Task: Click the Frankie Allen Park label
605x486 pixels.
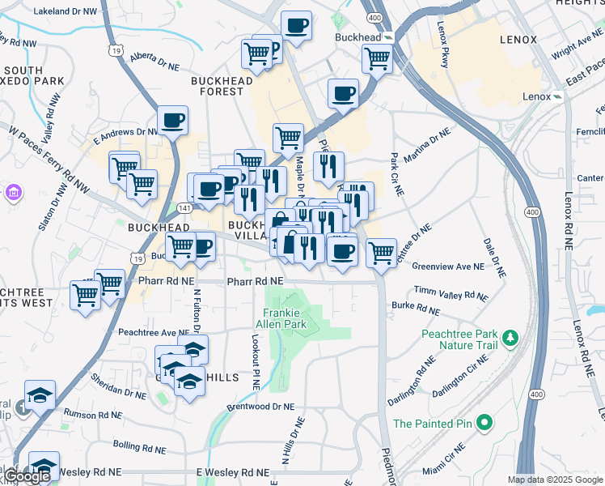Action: pyautogui.click(x=284, y=318)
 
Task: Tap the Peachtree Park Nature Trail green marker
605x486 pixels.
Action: pyautogui.click(x=510, y=337)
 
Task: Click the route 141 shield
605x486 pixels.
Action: pyautogui.click(x=185, y=208)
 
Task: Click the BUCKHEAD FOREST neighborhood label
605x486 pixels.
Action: pyautogui.click(x=217, y=86)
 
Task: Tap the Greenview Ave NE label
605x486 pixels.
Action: pyautogui.click(x=447, y=266)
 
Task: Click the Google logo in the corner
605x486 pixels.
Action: pyautogui.click(x=26, y=476)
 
